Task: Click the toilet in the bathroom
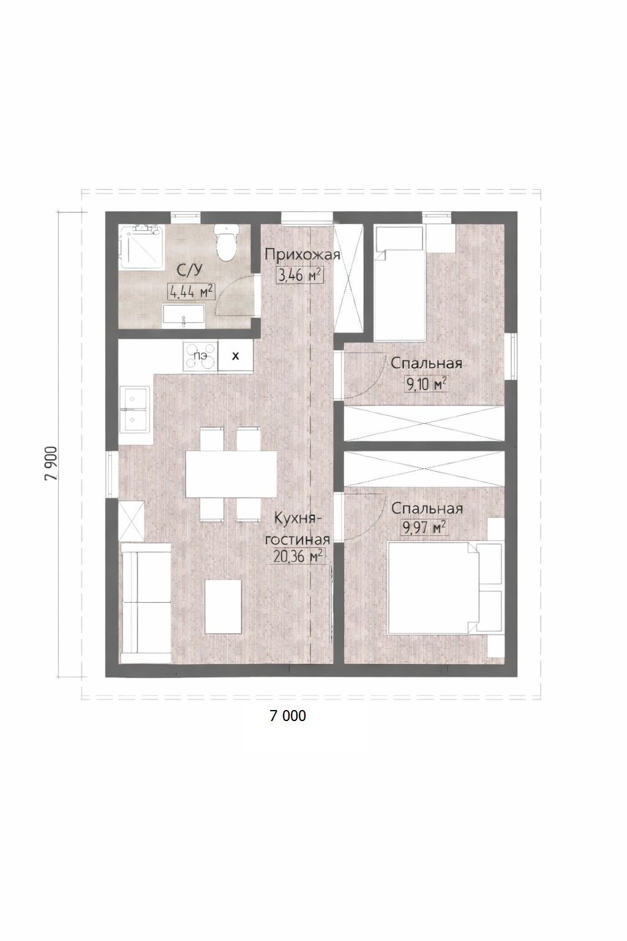click(227, 243)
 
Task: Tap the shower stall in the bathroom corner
click(140, 247)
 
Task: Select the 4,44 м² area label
click(192, 292)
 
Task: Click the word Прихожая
click(302, 255)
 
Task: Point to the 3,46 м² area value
click(300, 276)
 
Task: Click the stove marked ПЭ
click(200, 357)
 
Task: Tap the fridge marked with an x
click(236, 356)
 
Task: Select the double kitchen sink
click(135, 410)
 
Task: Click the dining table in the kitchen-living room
click(231, 474)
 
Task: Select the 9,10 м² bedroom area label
click(426, 384)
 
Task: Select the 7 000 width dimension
click(288, 716)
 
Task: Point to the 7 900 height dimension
click(51, 463)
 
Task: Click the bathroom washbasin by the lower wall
click(184, 317)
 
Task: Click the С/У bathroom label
click(190, 270)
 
